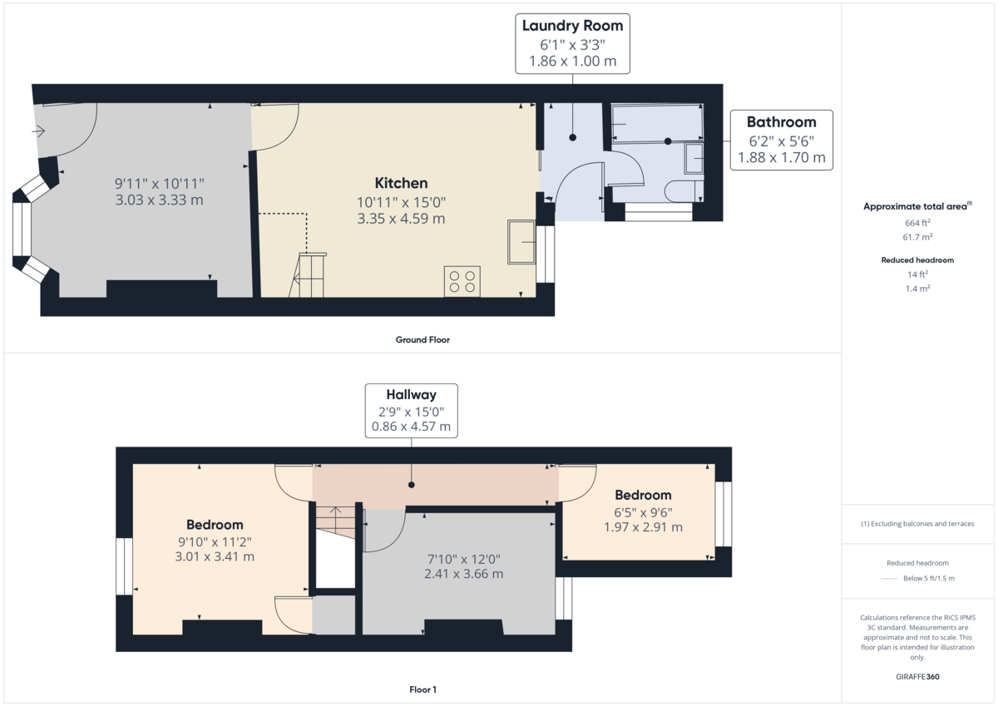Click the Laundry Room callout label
(571, 43)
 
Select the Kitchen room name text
(401, 183)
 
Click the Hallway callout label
(411, 410)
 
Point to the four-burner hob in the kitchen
(462, 280)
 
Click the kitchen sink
(521, 241)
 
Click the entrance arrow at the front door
(38, 131)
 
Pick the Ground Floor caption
(422, 339)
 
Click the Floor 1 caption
(422, 689)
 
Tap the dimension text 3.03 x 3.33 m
(159, 200)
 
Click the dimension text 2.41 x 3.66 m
(459, 574)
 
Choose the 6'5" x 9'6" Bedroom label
(643, 496)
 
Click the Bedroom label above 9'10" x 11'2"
(215, 525)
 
